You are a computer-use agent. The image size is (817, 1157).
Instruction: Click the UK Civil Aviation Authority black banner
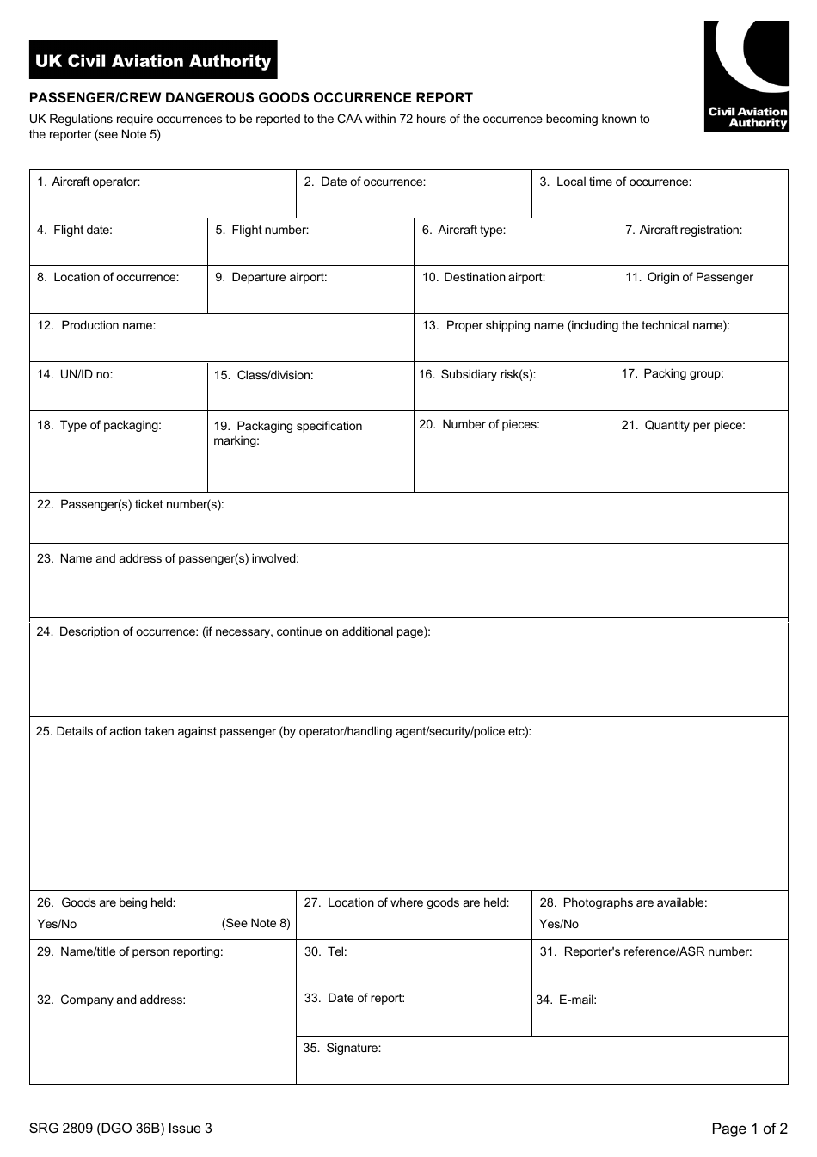pos(153,60)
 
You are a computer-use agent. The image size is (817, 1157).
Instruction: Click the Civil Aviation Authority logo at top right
pos(746,77)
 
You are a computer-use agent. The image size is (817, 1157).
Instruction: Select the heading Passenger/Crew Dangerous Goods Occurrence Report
pos(251,98)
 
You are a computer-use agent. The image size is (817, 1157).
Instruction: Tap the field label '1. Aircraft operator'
pos(88,182)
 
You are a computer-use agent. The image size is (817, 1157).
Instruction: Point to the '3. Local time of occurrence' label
pos(615,182)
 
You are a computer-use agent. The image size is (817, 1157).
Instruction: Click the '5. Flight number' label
pos(261,230)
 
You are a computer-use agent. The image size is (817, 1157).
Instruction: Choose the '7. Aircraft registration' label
pos(683,230)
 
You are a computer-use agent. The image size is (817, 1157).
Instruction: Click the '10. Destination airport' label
pos(483,277)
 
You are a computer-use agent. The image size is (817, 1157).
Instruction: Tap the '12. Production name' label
pos(96,325)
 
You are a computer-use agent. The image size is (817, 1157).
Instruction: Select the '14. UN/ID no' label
pos(75,374)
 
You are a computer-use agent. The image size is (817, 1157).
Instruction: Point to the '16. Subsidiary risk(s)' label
pos(477,374)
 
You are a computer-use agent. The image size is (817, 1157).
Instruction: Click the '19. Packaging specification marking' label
pos(287,433)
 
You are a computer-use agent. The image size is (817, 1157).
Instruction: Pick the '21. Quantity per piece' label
pos(683,425)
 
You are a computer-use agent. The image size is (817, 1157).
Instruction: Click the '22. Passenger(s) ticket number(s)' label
pos(130,504)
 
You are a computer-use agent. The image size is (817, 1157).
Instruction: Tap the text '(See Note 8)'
pos(255,923)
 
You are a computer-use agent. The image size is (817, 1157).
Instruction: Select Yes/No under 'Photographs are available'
pos(559,924)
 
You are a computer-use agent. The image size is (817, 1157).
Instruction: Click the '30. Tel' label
pos(325,951)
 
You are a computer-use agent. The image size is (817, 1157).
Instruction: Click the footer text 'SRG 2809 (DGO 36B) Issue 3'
pos(120,1129)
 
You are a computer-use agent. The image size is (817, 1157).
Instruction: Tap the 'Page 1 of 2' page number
pos(749,1129)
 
